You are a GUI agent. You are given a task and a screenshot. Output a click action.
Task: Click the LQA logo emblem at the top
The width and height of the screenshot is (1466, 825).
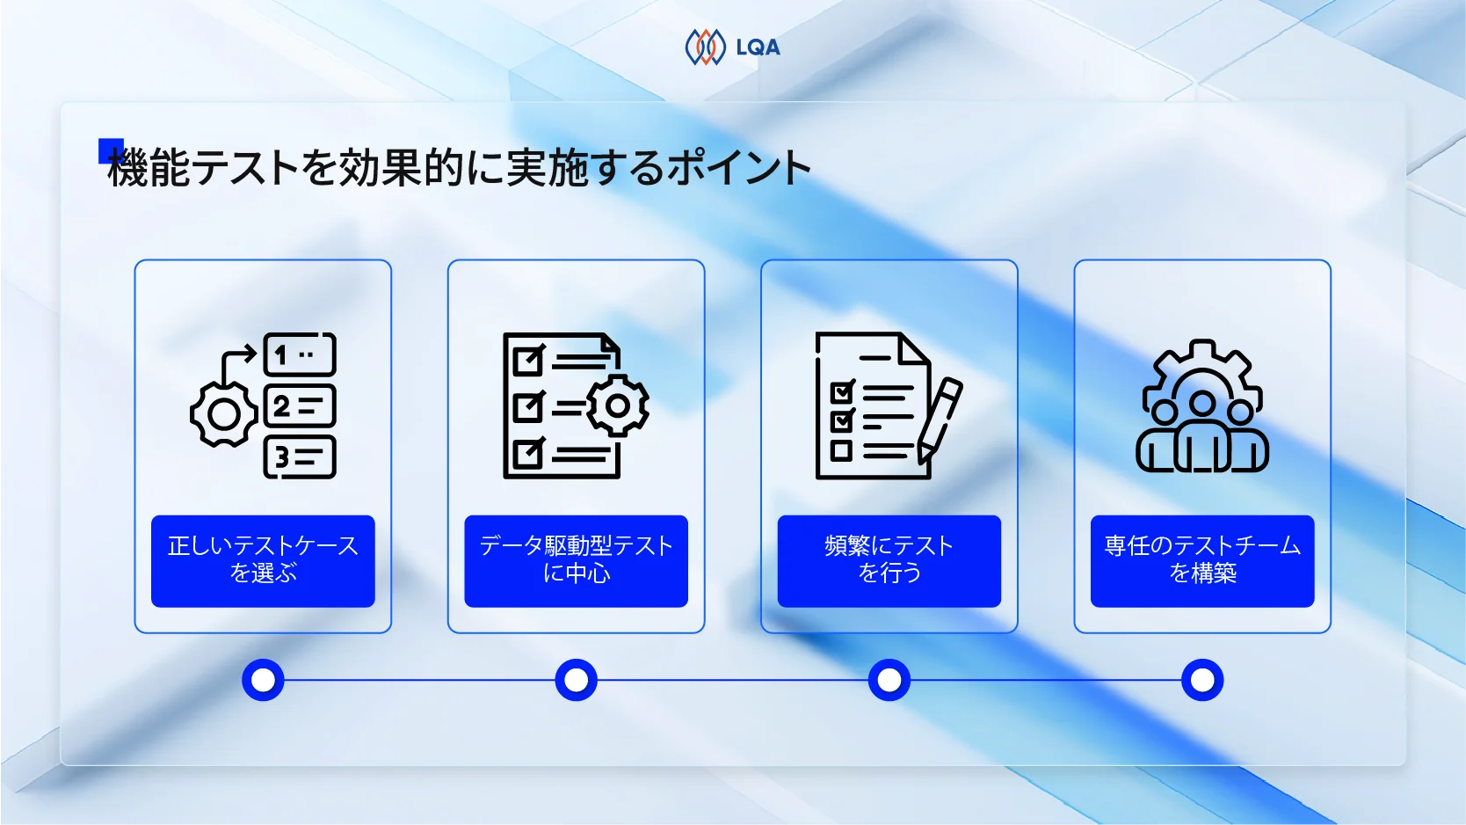[705, 47]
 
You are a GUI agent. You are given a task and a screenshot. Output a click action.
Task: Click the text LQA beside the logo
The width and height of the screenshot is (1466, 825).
[758, 47]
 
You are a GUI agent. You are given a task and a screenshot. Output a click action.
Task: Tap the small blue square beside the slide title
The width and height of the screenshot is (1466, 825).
[110, 150]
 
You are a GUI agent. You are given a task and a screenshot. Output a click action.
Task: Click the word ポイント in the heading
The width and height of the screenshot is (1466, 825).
[739, 168]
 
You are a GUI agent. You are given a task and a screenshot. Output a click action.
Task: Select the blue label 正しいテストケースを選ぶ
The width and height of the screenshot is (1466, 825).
[263, 560]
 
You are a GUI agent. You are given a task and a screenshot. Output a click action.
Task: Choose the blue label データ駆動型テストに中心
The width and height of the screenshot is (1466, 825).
[576, 560]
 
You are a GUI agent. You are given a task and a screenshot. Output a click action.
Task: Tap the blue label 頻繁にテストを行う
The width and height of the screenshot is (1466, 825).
[889, 560]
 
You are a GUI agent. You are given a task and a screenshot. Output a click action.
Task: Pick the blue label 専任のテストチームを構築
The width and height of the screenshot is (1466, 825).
[1201, 560]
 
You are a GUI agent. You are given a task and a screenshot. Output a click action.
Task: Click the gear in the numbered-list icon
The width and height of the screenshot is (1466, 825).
[223, 414]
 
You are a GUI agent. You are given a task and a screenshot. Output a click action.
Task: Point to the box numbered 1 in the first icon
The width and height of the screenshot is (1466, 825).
[300, 355]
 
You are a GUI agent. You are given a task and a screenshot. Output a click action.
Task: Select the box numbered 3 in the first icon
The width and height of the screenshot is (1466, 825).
[300, 457]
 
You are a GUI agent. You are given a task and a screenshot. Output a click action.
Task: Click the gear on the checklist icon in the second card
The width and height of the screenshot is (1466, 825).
[618, 405]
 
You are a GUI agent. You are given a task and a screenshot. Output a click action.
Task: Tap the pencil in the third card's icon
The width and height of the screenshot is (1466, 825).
[940, 419]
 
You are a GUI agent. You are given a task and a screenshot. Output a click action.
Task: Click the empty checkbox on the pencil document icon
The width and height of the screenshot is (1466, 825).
[841, 451]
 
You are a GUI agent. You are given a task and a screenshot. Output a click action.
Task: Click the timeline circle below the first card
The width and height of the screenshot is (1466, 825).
[263, 680]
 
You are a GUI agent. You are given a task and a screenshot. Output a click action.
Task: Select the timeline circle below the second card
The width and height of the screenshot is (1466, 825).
[576, 680]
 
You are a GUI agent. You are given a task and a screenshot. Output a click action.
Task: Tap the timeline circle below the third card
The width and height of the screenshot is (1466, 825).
[889, 680]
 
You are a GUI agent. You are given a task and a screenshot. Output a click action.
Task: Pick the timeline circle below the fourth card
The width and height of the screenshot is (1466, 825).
[1201, 680]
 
